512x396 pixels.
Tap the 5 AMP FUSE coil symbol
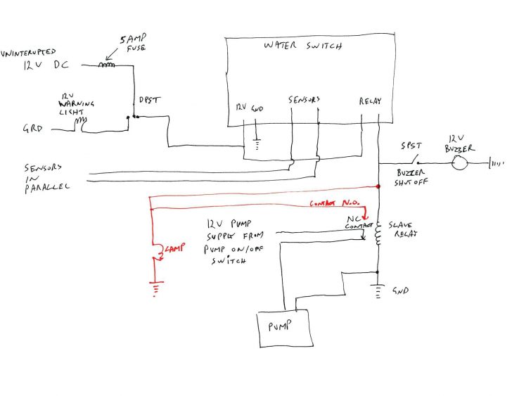[x=106, y=66]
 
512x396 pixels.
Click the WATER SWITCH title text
[x=302, y=46]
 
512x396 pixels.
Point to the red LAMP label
[x=173, y=248]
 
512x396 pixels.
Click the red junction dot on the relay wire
[x=378, y=187]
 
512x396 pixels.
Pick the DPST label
[x=151, y=100]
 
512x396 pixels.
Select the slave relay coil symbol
[x=378, y=234]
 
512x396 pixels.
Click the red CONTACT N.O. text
[x=333, y=204]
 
